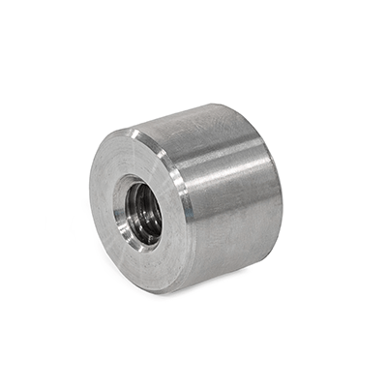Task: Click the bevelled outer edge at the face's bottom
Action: click(x=155, y=288)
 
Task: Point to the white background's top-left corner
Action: click(x=5, y=5)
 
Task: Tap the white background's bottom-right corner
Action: click(x=381, y=381)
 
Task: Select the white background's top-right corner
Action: click(x=381, y=5)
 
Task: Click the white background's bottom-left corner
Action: click(x=5, y=381)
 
